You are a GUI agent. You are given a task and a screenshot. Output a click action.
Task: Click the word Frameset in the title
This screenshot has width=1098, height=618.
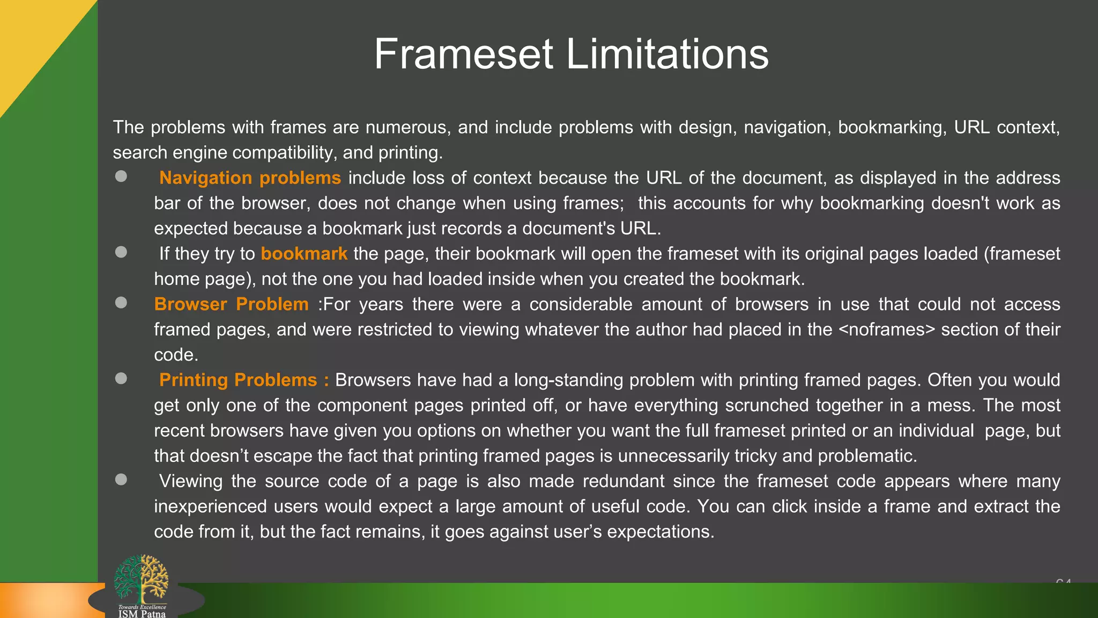pyautogui.click(x=464, y=54)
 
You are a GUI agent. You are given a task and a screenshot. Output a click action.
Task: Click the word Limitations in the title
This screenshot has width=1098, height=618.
pyautogui.click(x=667, y=54)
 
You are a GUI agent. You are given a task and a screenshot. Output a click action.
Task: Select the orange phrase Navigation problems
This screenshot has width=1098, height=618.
pyautogui.click(x=250, y=178)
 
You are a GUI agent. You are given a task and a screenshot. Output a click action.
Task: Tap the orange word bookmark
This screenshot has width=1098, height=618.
pyautogui.click(x=304, y=253)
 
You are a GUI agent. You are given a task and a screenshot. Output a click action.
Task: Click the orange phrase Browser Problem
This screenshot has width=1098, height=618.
pyautogui.click(x=231, y=304)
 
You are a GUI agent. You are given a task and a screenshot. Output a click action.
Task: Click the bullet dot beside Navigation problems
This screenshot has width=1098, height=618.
pyautogui.click(x=121, y=176)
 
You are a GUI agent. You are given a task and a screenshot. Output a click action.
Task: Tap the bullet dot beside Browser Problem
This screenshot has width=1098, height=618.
pyautogui.click(x=121, y=303)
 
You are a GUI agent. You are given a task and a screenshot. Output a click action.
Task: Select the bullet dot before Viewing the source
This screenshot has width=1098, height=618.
pyautogui.click(x=121, y=479)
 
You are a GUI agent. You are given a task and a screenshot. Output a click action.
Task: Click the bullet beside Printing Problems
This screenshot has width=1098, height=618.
pyautogui.click(x=121, y=378)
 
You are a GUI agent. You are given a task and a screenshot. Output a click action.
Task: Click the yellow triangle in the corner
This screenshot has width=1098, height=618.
pyautogui.click(x=32, y=38)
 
